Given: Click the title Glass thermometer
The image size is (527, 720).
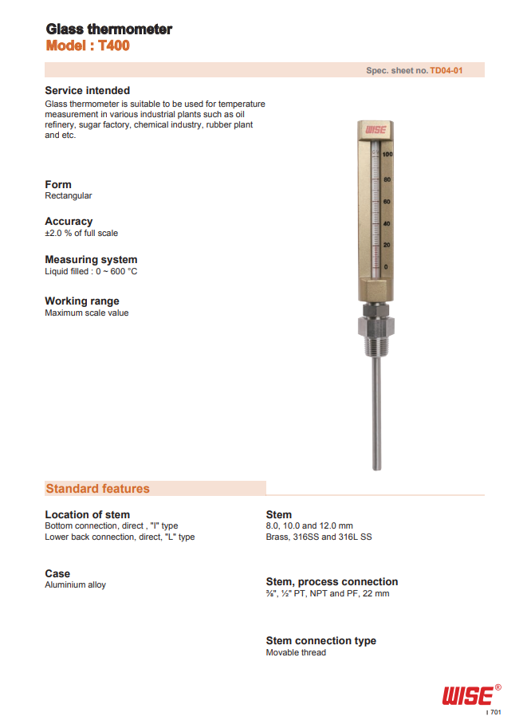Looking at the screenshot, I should point(108,30).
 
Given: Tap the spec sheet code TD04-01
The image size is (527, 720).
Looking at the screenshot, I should point(446,71).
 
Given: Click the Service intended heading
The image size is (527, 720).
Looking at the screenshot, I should point(87,91).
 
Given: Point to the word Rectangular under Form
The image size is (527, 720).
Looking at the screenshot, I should point(68,196).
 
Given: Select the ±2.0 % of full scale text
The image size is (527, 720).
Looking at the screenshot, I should point(81,234).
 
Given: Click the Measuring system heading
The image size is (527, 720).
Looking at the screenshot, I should point(91,260).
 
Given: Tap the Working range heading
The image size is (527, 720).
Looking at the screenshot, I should point(82,301).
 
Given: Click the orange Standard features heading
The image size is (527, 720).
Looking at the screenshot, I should point(97,489).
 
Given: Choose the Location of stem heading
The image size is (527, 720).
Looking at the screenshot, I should point(87,514).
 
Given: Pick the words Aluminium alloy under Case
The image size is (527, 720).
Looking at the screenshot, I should point(75,585).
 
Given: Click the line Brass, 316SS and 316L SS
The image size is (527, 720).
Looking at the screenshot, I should point(318,537).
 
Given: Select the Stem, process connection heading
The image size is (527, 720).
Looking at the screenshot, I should point(332,582).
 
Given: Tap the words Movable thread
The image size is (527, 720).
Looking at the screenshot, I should point(296,653).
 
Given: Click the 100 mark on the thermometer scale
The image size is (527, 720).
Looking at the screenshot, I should point(387,154).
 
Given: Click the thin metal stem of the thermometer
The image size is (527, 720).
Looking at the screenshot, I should point(376,415).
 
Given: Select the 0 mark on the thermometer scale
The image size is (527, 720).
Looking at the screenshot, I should point(386,266).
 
